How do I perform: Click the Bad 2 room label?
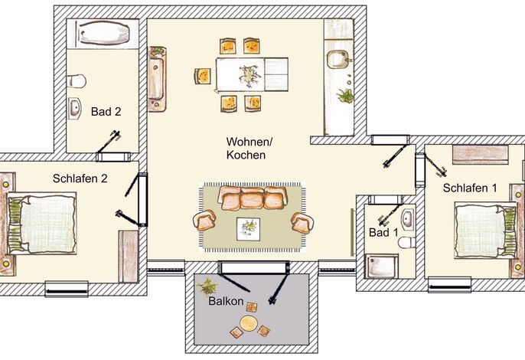pyautogui.click(x=106, y=112)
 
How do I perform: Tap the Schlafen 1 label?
pyautogui.click(x=470, y=188)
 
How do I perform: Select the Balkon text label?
pyautogui.click(x=226, y=301)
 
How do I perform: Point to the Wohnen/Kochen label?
pyautogui.click(x=249, y=148)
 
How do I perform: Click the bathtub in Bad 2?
pyautogui.click(x=104, y=33)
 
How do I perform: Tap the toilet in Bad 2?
pyautogui.click(x=77, y=81)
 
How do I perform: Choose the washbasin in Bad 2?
pyautogui.click(x=75, y=108)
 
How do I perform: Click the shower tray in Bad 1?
pyautogui.click(x=382, y=266)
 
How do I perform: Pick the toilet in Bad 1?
pyautogui.click(x=407, y=242)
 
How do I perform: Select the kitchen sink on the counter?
pyautogui.click(x=338, y=59)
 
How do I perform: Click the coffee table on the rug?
pyautogui.click(x=249, y=229)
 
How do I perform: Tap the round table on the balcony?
pyautogui.click(x=249, y=323)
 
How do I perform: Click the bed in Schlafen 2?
pyautogui.click(x=42, y=223)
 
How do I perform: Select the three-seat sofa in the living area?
pyautogui.click(x=253, y=198)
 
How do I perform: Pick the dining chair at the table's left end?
pyautogui.click(x=203, y=76)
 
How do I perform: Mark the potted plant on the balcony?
pyautogui.click(x=207, y=286)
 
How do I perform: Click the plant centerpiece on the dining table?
pyautogui.click(x=249, y=75)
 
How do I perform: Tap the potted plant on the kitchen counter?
pyautogui.click(x=345, y=96)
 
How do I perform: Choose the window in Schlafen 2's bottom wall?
pyautogui.click(x=67, y=289)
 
